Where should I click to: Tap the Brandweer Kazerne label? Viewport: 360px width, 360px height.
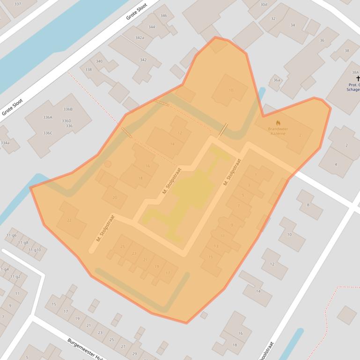(x=278, y=131)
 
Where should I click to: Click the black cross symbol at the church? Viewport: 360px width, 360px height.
(x=358, y=79)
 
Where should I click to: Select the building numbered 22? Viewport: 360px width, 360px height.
(x=69, y=220)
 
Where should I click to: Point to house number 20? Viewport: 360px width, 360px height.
(x=115, y=197)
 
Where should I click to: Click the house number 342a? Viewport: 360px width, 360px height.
(x=140, y=37)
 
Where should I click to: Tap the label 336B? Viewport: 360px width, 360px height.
(x=68, y=109)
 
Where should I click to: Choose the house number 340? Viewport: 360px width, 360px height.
(x=99, y=61)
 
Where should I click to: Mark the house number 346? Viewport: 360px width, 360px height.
(x=163, y=15)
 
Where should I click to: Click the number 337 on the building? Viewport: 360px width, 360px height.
(x=18, y=4)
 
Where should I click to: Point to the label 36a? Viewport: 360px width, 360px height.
(x=277, y=80)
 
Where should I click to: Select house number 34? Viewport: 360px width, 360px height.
(x=293, y=25)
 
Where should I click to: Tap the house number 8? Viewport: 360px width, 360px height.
(x=308, y=205)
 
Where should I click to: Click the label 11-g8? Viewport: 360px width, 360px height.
(x=23, y=243)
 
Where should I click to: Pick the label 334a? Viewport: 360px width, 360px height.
(x=5, y=143)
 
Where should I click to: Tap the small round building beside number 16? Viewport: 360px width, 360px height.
(x=108, y=164)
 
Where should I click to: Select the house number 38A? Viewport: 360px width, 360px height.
(x=355, y=72)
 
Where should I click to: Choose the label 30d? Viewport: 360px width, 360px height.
(x=264, y=5)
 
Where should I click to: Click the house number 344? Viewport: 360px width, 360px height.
(x=152, y=27)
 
